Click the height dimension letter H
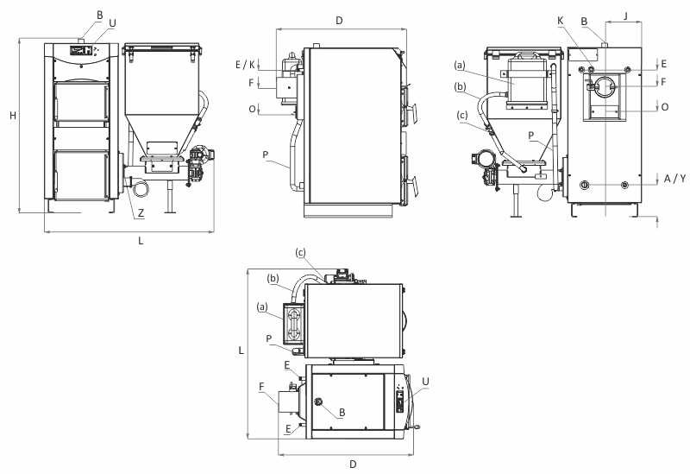click(x=13, y=116)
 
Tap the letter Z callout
click(x=141, y=213)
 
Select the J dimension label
click(x=626, y=16)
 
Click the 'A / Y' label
click(x=674, y=179)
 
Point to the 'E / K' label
click(x=245, y=65)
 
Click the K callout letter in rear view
click(x=560, y=21)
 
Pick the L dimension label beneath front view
click(x=141, y=241)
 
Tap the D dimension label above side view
click(x=339, y=20)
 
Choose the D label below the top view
click(x=353, y=464)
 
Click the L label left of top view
click(x=241, y=351)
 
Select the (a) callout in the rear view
click(x=460, y=66)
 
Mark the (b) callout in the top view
click(x=273, y=278)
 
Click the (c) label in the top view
click(x=300, y=252)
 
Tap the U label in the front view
click(x=112, y=23)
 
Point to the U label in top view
click(x=425, y=382)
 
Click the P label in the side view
click(x=266, y=155)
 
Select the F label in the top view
click(x=261, y=387)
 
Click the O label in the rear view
click(x=665, y=107)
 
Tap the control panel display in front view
click(x=81, y=51)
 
